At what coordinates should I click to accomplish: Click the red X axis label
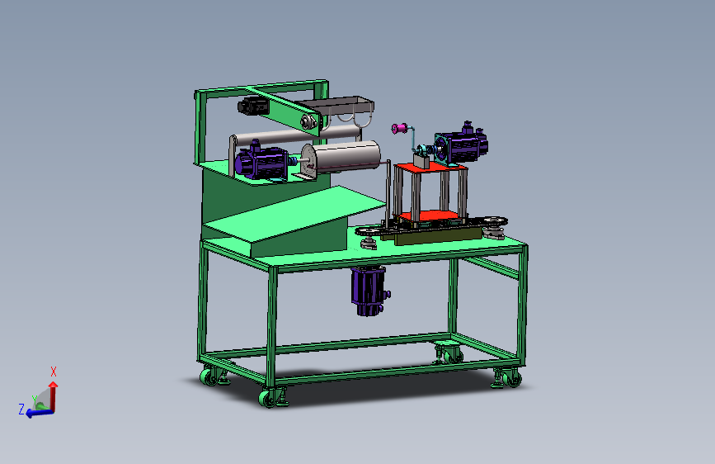click(54, 372)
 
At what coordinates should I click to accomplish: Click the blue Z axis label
click(21, 409)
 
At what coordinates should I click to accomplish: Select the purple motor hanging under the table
click(369, 291)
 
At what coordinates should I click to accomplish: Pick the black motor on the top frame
click(252, 106)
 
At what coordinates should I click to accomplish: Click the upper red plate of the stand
click(430, 166)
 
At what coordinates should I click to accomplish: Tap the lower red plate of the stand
click(429, 215)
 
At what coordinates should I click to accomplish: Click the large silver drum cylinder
click(341, 157)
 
